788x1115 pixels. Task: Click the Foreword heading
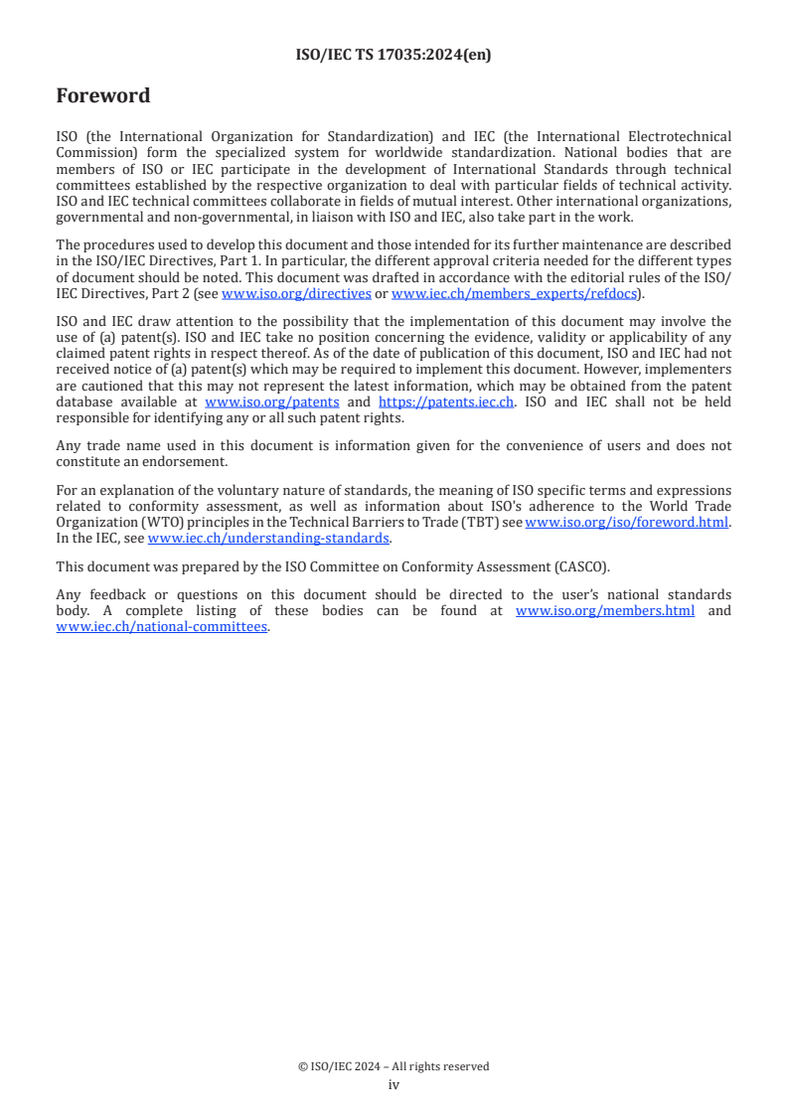[103, 96]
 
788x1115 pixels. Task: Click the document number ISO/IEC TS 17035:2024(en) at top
[394, 56]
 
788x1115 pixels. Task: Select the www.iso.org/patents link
[271, 401]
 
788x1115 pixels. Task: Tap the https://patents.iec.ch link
[446, 401]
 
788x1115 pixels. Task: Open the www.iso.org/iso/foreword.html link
[627, 523]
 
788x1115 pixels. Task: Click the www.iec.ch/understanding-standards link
[268, 538]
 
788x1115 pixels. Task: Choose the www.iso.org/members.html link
[605, 610]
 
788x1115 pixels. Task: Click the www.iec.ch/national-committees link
[162, 626]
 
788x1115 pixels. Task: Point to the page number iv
[394, 1084]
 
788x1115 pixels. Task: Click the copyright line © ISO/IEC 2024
[394, 1066]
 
